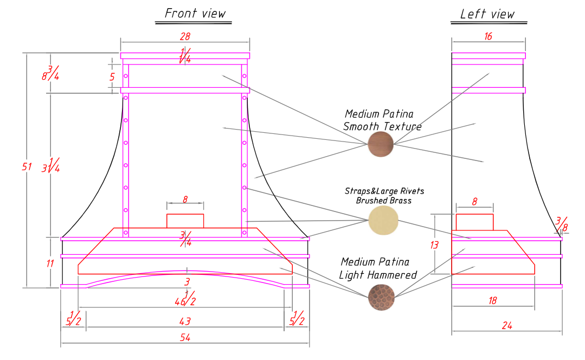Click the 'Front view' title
tap(195, 14)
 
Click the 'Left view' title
tap(487, 14)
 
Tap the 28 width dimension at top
tap(185, 36)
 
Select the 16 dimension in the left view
tap(488, 36)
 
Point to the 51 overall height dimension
tap(27, 166)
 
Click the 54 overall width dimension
tap(185, 338)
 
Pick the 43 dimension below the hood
tap(185, 321)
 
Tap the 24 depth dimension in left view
tap(506, 326)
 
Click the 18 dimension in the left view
tap(492, 301)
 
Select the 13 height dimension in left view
tap(434, 245)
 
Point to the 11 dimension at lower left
tap(50, 263)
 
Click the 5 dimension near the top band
tap(112, 77)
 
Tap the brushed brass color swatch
tap(383, 221)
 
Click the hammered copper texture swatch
tap(381, 297)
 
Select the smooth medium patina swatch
tap(381, 144)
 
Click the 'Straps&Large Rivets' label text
tap(384, 191)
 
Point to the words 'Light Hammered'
tap(377, 275)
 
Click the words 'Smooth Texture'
tap(382, 126)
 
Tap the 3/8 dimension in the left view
tap(562, 224)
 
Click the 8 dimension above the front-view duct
tap(185, 200)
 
